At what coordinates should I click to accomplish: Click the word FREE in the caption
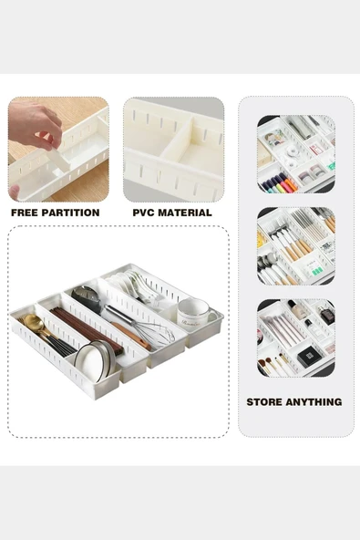[26, 213]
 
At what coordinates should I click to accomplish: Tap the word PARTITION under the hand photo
[70, 213]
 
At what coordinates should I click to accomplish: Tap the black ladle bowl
[87, 295]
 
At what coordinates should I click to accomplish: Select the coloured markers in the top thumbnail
[278, 183]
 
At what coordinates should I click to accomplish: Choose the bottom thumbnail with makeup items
[295, 337]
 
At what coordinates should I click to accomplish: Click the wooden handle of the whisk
[128, 334]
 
